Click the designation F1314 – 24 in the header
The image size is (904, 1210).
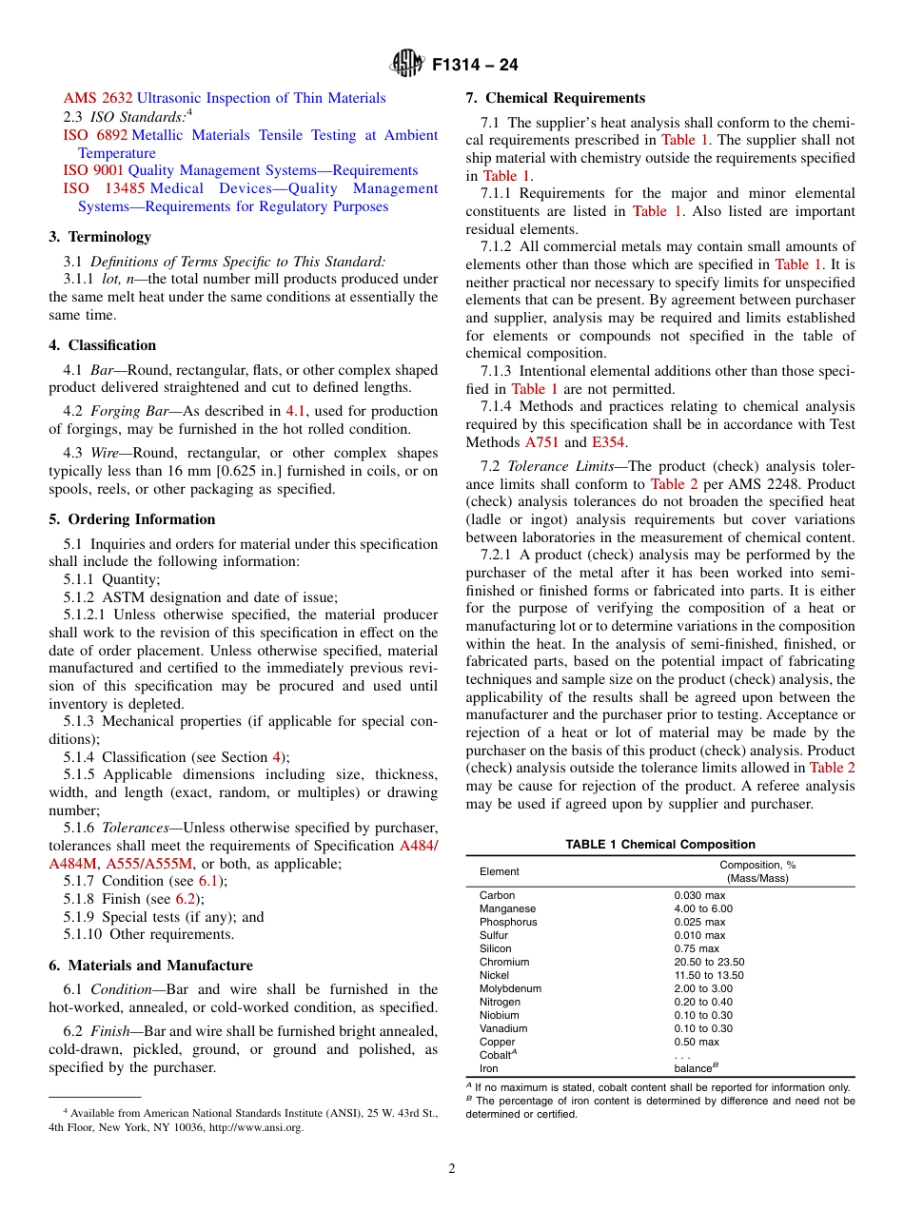[x=474, y=66]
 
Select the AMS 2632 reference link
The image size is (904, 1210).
[x=99, y=98]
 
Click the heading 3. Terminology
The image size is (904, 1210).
[x=100, y=237]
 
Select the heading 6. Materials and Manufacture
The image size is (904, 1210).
[x=150, y=966]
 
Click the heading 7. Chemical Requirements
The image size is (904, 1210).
[x=555, y=98]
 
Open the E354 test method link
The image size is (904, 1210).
[x=610, y=442]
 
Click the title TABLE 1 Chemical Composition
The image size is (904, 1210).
[x=659, y=845]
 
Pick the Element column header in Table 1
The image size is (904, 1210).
[x=500, y=871]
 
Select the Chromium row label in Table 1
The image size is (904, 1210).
[x=504, y=962]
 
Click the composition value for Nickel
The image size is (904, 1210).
[x=709, y=975]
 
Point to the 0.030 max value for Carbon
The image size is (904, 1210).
[x=699, y=895]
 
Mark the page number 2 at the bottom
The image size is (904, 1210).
[x=452, y=1169]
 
